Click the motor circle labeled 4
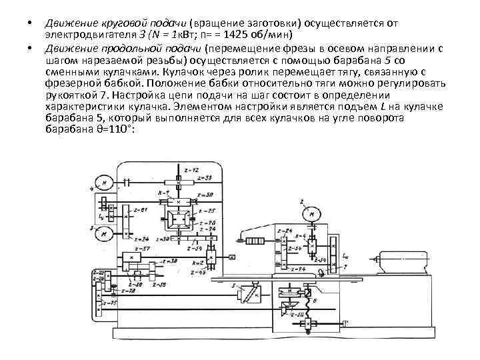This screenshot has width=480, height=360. click(x=104, y=181)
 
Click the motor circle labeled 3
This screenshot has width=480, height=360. click(x=104, y=233)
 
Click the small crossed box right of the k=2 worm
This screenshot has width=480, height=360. click(x=231, y=257)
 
